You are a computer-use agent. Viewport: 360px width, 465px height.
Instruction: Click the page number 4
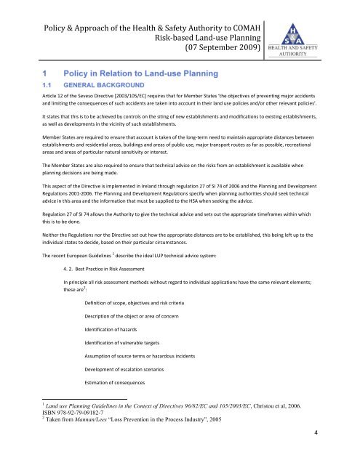[x=347, y=452]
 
